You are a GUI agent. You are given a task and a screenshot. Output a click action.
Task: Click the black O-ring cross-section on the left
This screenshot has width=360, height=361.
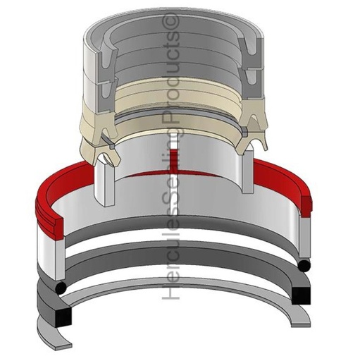point(61,287)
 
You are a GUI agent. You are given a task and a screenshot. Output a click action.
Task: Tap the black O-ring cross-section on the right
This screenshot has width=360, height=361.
point(304,266)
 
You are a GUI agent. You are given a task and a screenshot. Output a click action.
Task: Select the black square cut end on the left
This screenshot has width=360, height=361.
point(63,317)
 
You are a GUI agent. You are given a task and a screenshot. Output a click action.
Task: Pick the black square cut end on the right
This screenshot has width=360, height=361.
point(301,296)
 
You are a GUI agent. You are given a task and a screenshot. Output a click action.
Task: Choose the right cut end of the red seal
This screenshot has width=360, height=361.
point(305,207)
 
